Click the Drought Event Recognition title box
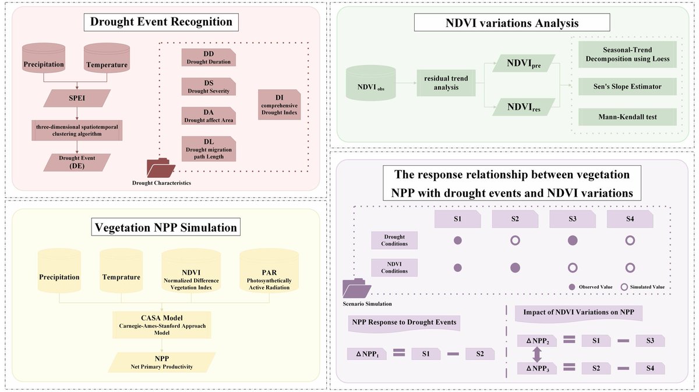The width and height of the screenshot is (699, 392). point(161,23)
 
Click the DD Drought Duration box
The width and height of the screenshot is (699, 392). point(208,57)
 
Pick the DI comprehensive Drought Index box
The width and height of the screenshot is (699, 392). point(279,104)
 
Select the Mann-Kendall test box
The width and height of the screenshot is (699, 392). point(627,117)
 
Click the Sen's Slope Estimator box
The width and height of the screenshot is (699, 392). point(627,86)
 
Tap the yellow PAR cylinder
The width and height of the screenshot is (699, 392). point(269,272)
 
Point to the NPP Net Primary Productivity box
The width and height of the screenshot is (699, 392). point(162,362)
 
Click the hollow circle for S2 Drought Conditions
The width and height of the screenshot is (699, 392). point(515,240)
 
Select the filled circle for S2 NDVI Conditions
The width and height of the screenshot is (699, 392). point(515,268)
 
